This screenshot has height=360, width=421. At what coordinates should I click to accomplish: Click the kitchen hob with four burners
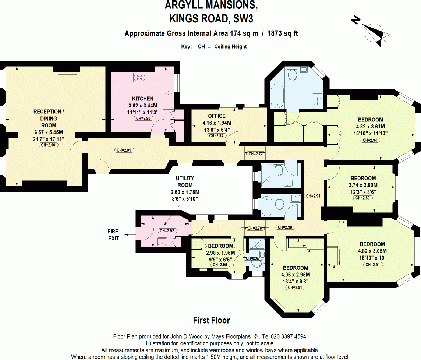coord(140,77)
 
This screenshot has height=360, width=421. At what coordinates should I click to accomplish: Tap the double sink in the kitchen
coord(169,93)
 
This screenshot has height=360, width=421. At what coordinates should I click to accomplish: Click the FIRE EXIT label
coord(113,235)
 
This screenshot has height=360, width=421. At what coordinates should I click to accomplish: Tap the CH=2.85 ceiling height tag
coord(143,119)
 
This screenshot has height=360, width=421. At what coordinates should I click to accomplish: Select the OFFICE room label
coord(216,116)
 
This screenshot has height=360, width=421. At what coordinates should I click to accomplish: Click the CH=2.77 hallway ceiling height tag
coord(255,154)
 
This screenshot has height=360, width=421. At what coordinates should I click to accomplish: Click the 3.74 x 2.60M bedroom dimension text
coord(363,185)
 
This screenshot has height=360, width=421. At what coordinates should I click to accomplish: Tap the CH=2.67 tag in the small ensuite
coord(254,258)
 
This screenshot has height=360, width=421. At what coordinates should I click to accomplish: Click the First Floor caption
coord(211,321)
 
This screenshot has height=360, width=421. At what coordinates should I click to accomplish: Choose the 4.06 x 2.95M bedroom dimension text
coord(295,275)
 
